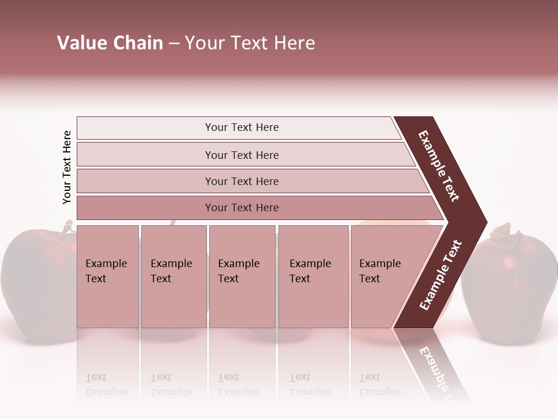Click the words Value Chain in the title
coord(110,43)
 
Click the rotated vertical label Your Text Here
coord(67,168)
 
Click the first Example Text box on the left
coord(108,276)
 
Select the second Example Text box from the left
coord(173,276)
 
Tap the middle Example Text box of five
coord(242,276)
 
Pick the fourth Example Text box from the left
coord(313,276)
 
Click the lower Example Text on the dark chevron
coord(440,275)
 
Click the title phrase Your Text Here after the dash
coord(250,43)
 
